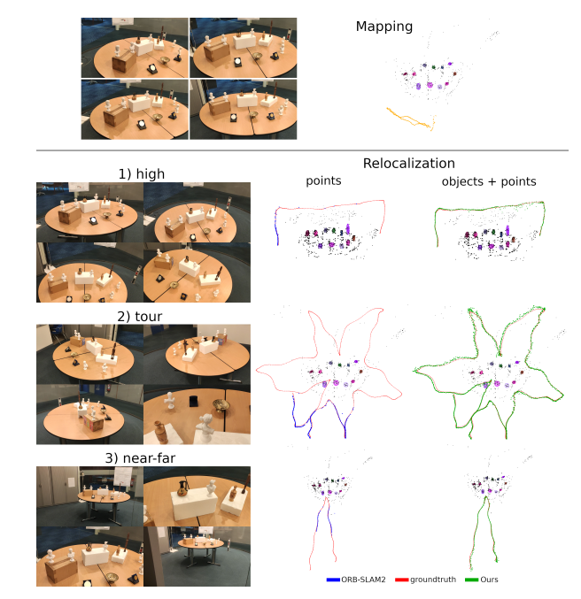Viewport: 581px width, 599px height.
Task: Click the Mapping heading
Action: [383, 27]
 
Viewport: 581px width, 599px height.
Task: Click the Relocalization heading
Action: [408, 163]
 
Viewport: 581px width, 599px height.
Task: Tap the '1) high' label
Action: [143, 173]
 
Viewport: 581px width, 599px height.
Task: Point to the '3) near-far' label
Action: [143, 457]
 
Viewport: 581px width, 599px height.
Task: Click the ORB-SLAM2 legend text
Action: [359, 580]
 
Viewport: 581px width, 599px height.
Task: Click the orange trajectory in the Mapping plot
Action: [408, 119]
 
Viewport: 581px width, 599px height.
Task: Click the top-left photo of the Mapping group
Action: [134, 48]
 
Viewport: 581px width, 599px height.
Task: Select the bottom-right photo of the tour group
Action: [197, 414]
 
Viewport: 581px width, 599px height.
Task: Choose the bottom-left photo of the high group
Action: [89, 273]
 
